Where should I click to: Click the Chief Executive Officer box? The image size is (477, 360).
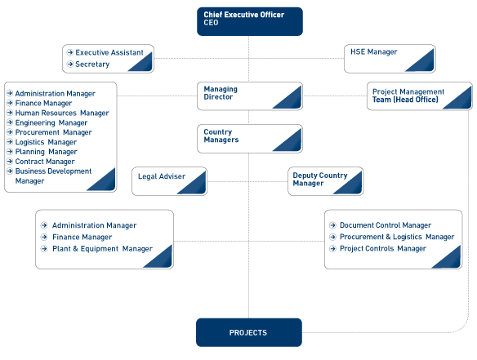[250, 21]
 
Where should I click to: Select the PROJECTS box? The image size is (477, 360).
[249, 332]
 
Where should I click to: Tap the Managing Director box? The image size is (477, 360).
[250, 96]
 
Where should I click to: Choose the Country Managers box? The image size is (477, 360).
[250, 139]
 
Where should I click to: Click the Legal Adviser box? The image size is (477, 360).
[169, 181]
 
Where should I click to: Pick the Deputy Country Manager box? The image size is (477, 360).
[326, 181]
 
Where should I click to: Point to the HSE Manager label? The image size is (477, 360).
[374, 52]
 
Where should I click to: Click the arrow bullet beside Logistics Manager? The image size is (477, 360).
[10, 142]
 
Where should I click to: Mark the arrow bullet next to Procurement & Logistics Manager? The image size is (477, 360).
[332, 237]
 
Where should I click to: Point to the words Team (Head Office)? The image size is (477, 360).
[405, 100]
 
